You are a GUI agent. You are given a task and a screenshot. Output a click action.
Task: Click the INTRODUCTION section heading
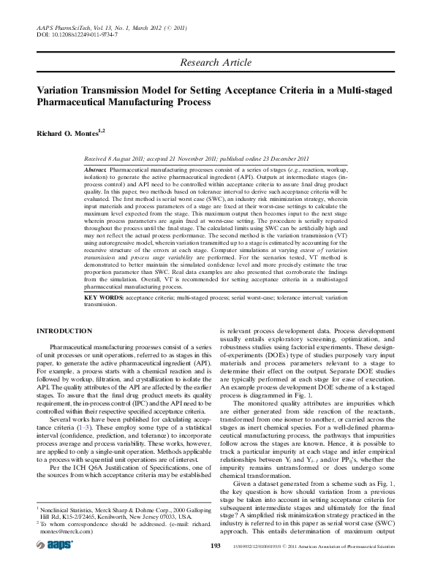(64, 331)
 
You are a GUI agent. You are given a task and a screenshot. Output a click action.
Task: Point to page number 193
(215, 566)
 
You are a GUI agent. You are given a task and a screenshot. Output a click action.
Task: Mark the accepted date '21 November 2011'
(207, 158)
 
